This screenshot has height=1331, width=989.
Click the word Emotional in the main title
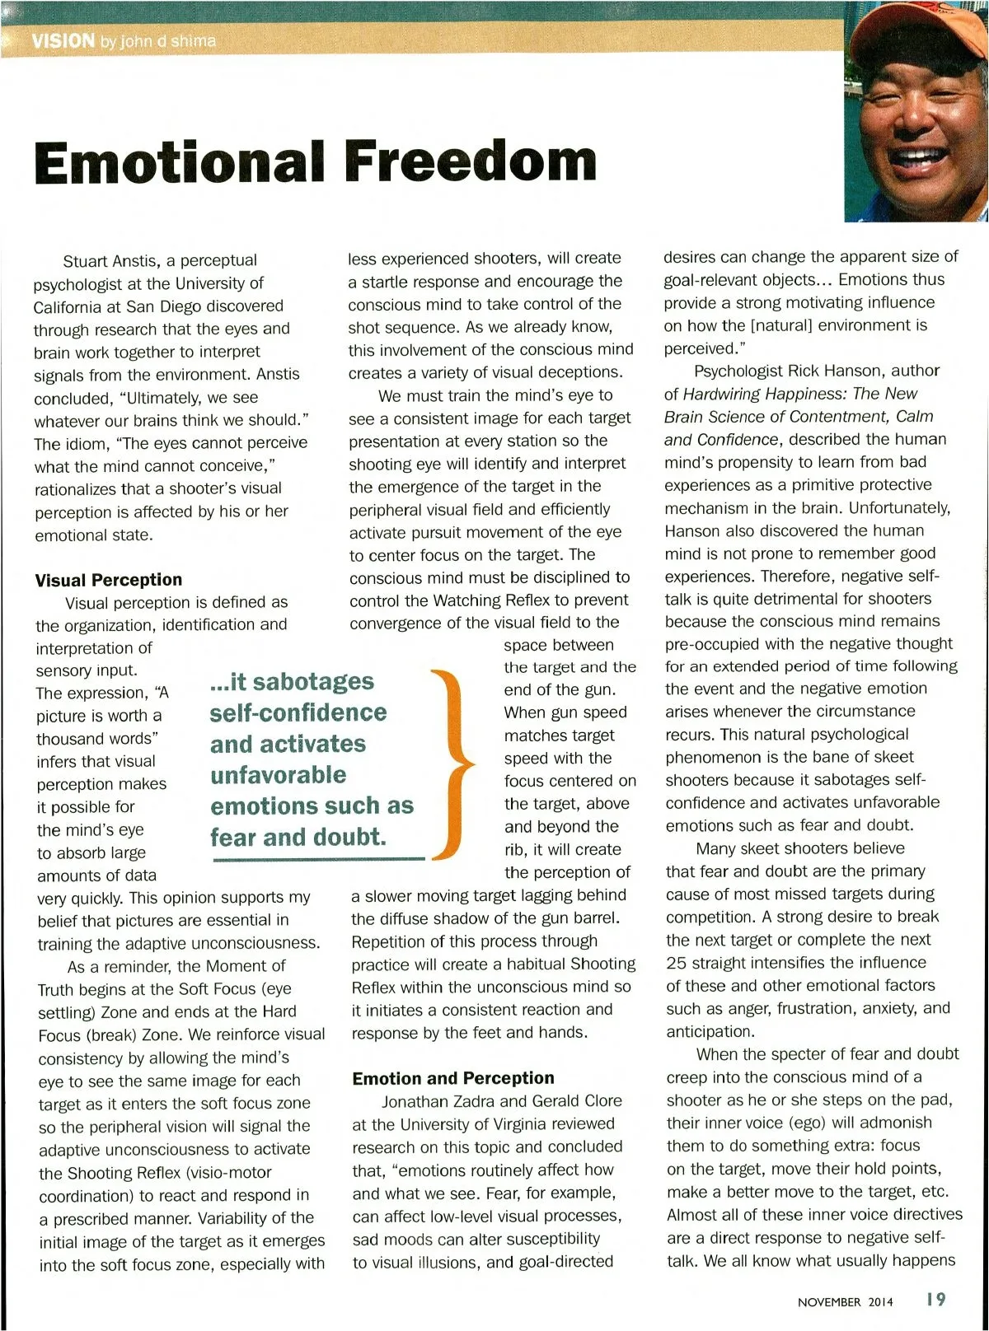click(x=179, y=161)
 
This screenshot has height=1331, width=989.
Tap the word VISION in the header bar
click(x=63, y=40)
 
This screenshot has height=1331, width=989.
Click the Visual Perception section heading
click(x=109, y=580)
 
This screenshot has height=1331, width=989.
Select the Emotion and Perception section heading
click(x=453, y=1078)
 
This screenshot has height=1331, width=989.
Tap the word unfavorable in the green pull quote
click(x=278, y=775)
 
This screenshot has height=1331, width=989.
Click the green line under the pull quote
click(x=319, y=860)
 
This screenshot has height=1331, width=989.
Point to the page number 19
click(x=935, y=1300)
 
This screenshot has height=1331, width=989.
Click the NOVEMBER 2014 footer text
click(x=845, y=1302)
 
